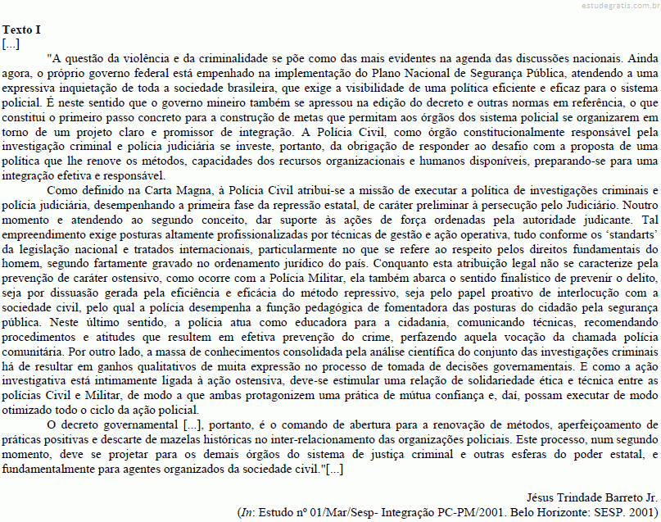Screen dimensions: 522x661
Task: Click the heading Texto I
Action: coord(21,30)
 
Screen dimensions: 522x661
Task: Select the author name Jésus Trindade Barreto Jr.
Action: coord(591,497)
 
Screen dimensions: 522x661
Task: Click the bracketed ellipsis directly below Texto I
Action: coord(11,43)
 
